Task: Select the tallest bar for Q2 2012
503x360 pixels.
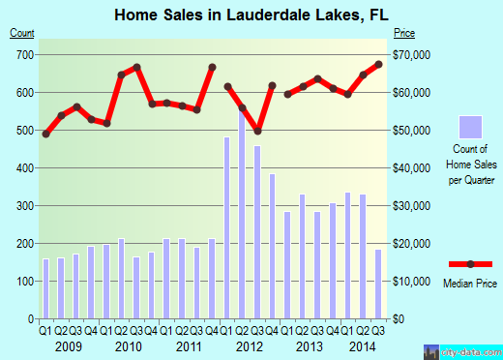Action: (x=243, y=213)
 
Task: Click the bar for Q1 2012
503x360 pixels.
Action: (x=227, y=227)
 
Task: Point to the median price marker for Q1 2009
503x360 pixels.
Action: (x=45, y=134)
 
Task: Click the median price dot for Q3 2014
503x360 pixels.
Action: (x=379, y=64)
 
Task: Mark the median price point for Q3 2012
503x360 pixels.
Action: (x=258, y=131)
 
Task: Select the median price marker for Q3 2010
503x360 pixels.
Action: (x=137, y=67)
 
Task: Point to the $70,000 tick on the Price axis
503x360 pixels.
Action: (x=411, y=55)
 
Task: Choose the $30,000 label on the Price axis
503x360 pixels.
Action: (x=411, y=206)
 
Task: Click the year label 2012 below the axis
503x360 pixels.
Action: (x=250, y=345)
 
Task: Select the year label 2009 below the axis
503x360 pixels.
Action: (x=68, y=345)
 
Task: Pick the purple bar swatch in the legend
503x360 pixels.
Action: (x=469, y=127)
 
